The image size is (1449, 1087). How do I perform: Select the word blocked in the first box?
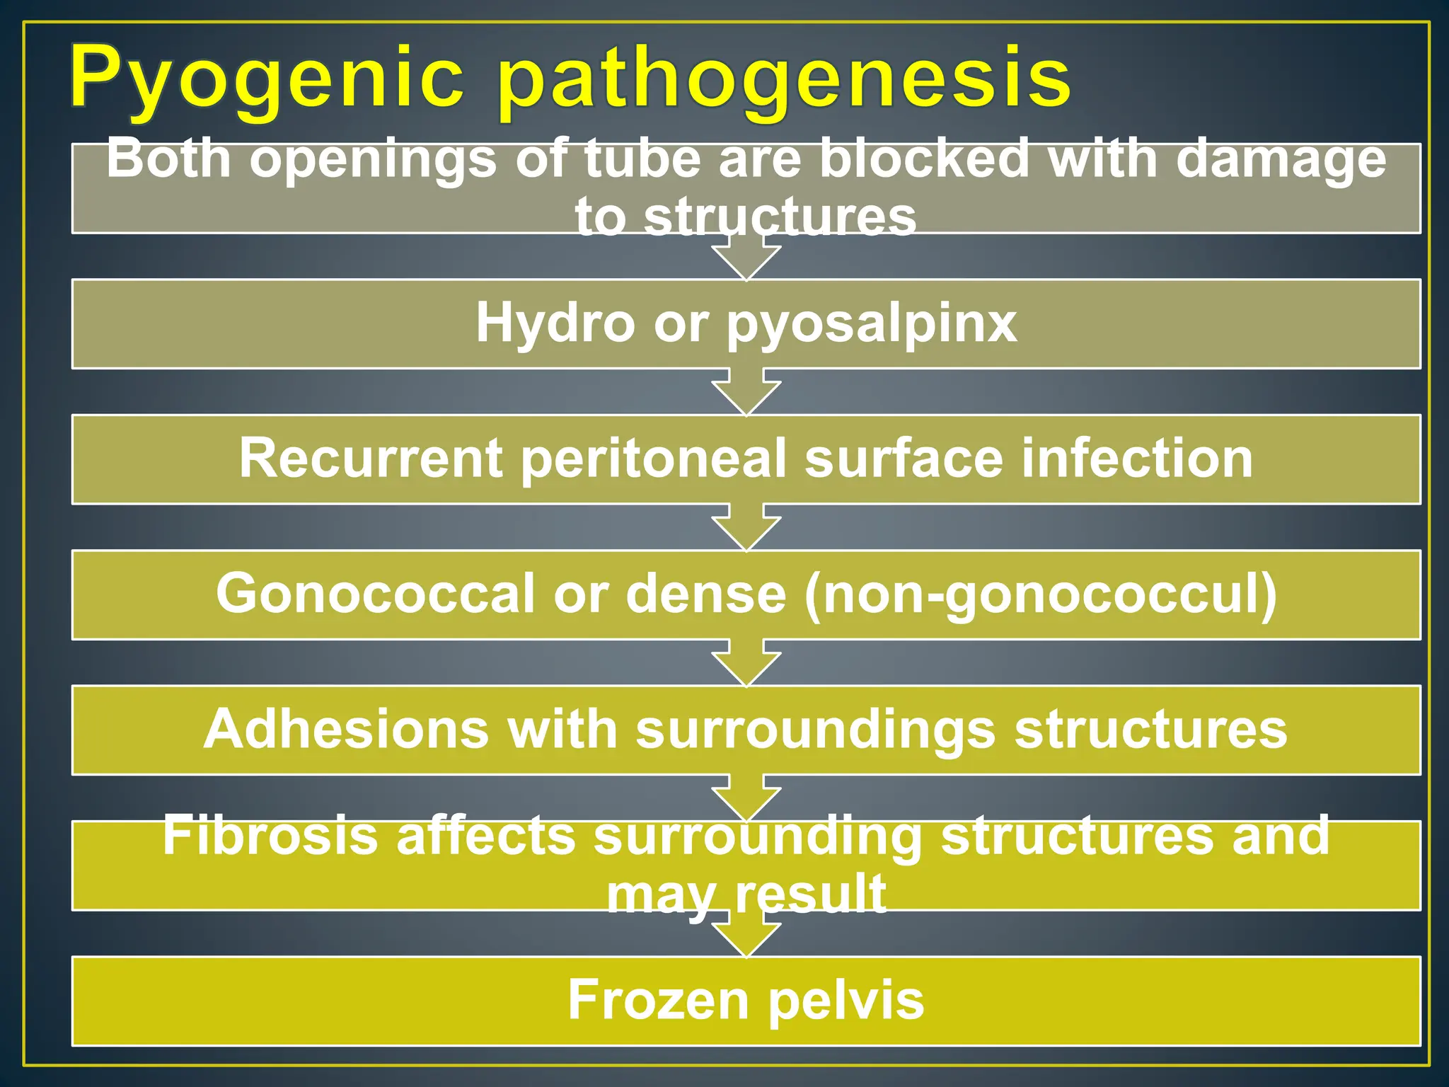coord(924,160)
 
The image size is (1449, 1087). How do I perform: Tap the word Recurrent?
coord(370,459)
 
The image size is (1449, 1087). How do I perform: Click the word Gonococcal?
coord(375,594)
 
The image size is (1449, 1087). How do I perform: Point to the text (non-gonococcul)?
coord(1040,595)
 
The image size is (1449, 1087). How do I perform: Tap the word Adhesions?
coord(346,729)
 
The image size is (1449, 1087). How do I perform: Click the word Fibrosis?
coord(270,836)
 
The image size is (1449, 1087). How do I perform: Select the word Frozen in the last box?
coord(658,1000)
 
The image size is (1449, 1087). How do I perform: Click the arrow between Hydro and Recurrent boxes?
coord(746,393)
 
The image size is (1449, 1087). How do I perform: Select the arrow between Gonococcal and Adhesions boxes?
coord(746,664)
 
